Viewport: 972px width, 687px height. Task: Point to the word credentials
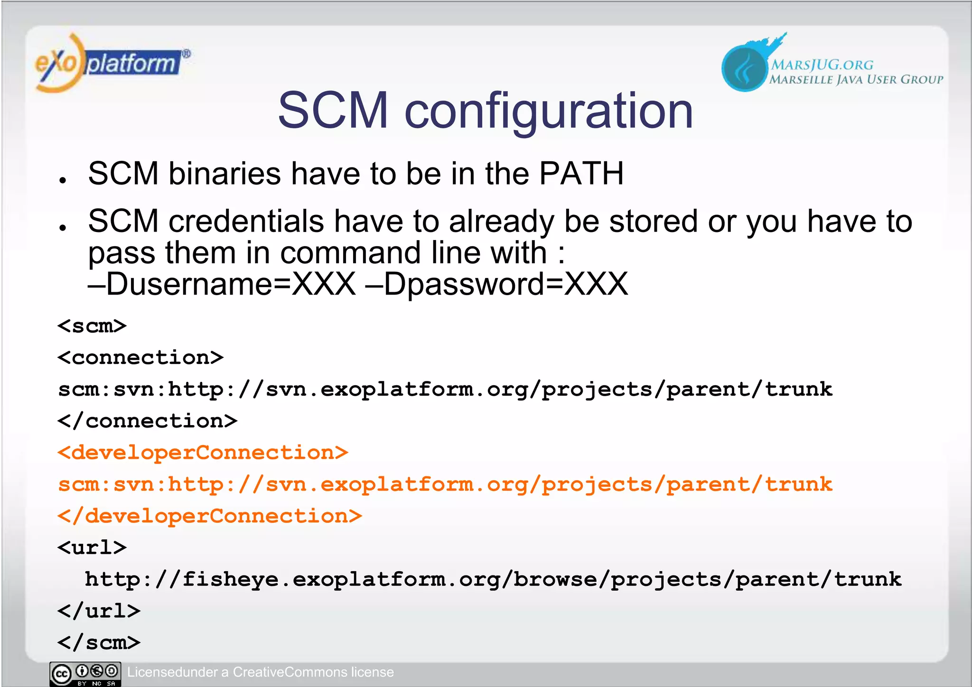tap(246, 222)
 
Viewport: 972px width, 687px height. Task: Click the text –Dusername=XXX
tap(222, 285)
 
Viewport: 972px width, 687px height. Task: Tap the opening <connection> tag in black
tap(140, 358)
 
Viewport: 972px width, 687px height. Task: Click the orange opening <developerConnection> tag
tap(203, 453)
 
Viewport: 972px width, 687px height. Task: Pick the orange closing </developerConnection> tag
tap(209, 516)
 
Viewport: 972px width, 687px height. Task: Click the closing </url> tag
tap(99, 611)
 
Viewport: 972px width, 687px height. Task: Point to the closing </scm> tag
tap(99, 643)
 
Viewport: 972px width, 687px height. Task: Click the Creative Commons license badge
tap(85, 674)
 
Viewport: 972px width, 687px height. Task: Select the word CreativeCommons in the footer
tap(290, 672)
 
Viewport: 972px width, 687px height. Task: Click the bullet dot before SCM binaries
tap(63, 180)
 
